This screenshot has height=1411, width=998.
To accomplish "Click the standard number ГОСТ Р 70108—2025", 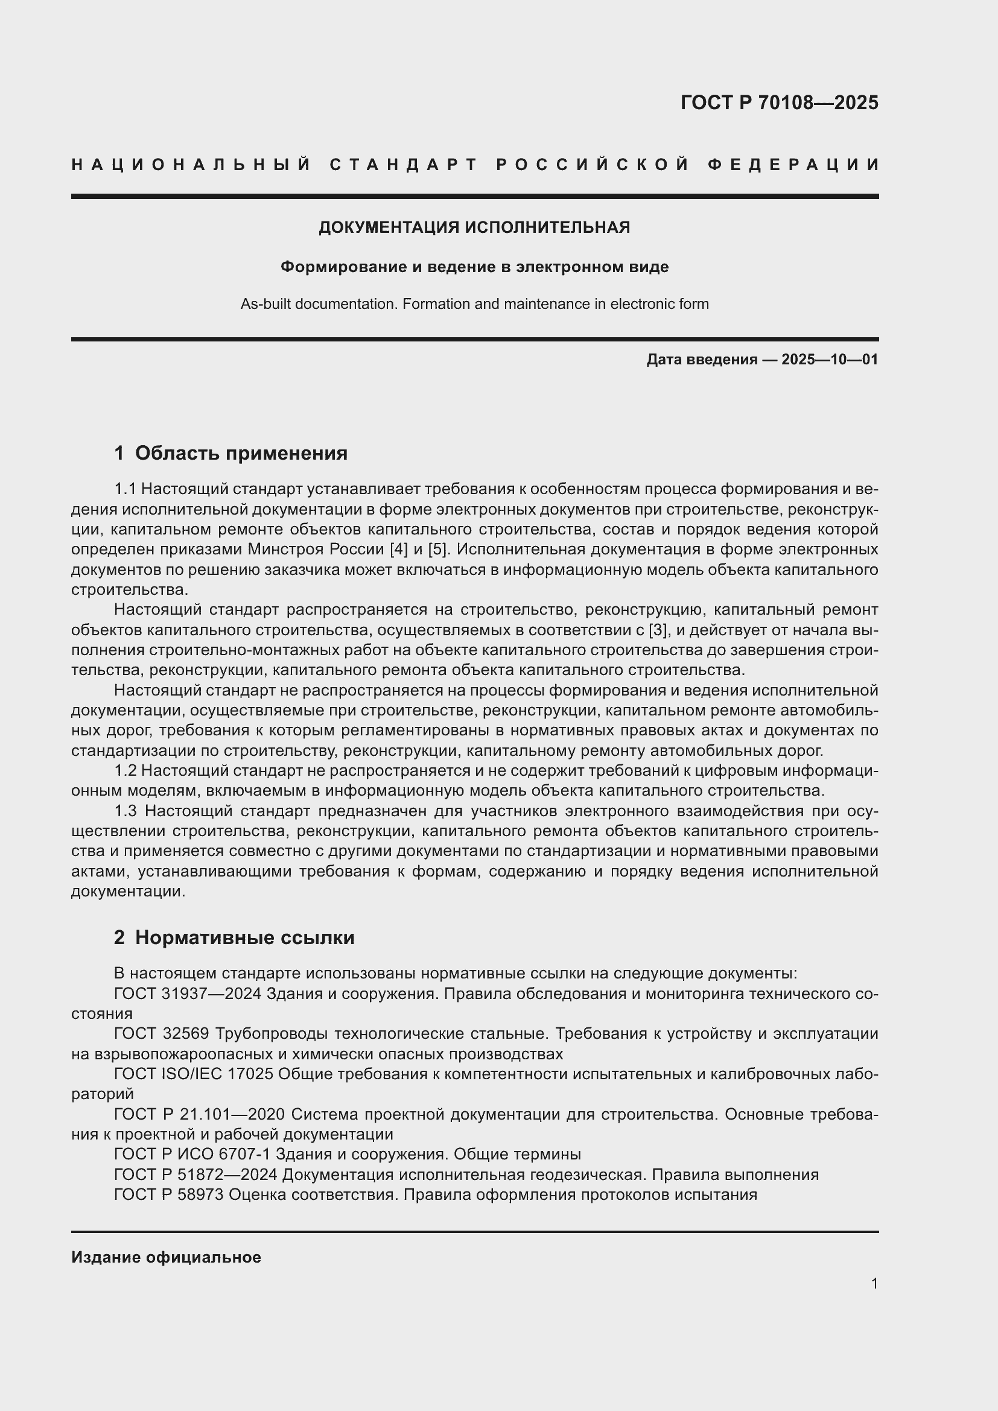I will pyautogui.click(x=779, y=103).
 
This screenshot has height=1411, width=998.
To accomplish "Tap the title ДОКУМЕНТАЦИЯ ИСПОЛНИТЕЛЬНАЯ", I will pyautogui.click(x=474, y=227).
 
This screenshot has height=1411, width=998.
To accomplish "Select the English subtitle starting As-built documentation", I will pyautogui.click(x=474, y=304).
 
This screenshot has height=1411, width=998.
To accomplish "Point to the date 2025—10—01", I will pyautogui.click(x=830, y=360).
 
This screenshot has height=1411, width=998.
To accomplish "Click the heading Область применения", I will pyautogui.click(x=241, y=454).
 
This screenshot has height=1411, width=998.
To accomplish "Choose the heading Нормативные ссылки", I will pyautogui.click(x=244, y=937).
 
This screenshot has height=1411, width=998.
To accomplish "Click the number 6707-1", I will pyautogui.click(x=242, y=1155).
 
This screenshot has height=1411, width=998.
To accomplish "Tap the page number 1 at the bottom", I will pyautogui.click(x=874, y=1283).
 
